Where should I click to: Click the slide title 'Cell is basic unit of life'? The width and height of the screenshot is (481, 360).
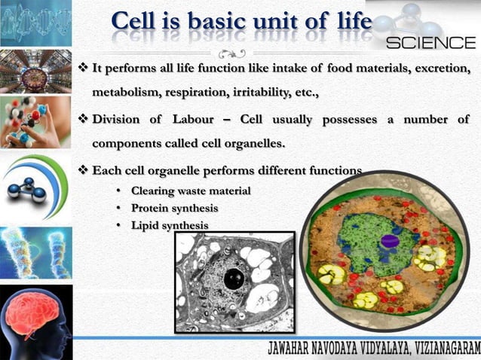241,23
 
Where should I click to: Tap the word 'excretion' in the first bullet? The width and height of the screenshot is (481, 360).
440,70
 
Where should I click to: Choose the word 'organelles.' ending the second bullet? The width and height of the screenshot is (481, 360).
248,143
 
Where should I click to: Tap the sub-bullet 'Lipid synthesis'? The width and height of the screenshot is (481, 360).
170,225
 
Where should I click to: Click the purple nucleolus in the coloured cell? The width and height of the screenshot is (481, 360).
389,241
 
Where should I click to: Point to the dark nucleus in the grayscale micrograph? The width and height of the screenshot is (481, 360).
234,279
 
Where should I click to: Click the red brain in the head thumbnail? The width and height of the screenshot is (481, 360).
33,312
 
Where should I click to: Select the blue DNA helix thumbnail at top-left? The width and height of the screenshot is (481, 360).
36,23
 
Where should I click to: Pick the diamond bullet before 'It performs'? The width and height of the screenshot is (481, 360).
84,70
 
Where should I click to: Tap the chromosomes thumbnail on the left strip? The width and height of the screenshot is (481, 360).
36,252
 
